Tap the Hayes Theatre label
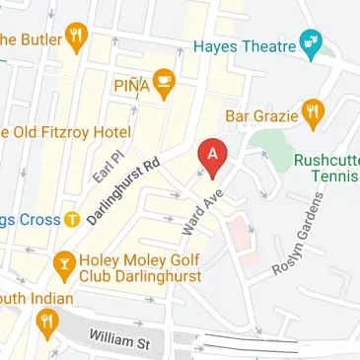[x=245, y=46]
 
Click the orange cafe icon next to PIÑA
[x=166, y=85]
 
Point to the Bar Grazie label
[x=262, y=115]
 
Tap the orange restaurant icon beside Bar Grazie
[x=313, y=113]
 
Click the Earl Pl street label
[x=103, y=162]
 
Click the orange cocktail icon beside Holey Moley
[x=64, y=263]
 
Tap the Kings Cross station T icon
[x=71, y=219]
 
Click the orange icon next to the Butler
[x=76, y=38]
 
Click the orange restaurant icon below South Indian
[x=46, y=322]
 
